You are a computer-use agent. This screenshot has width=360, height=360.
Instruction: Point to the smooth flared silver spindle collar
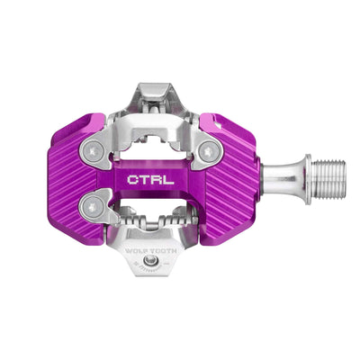281,168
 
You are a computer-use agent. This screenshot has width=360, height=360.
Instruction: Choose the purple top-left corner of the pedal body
76,126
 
